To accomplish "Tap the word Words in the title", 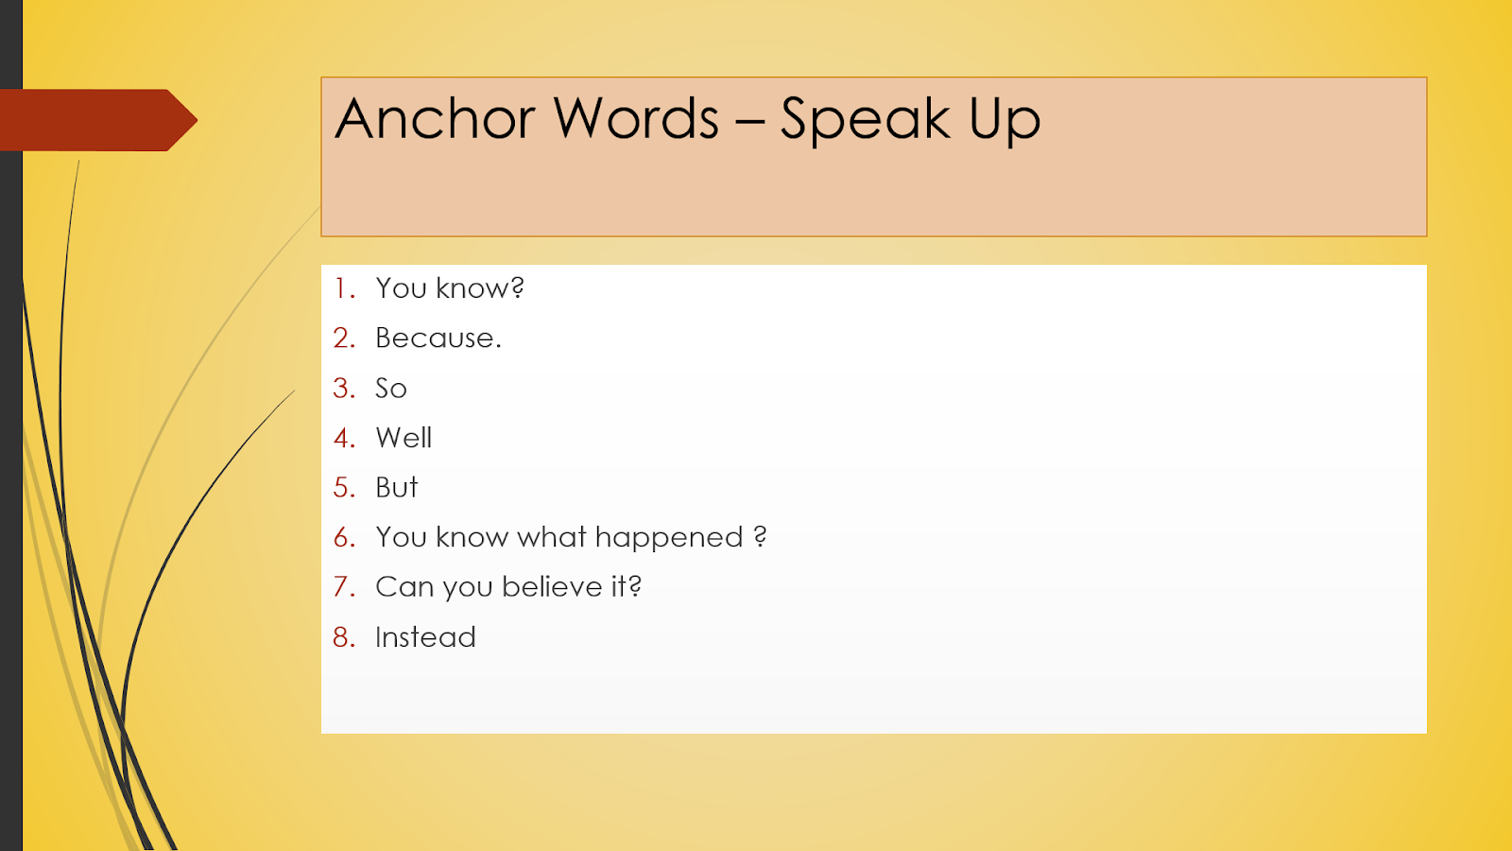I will (x=636, y=119).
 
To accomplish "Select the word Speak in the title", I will (x=865, y=121).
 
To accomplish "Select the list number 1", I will (x=343, y=288).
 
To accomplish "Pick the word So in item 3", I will (x=391, y=388).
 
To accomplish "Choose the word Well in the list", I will (x=404, y=438).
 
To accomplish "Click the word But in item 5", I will (x=397, y=487).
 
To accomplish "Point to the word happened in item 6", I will (x=669, y=538).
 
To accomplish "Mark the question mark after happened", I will (x=760, y=537).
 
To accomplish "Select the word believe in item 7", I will (x=552, y=587).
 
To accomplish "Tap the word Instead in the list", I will (x=425, y=637).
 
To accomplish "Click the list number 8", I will (x=343, y=637).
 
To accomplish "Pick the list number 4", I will (x=343, y=438).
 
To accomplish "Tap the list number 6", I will (x=343, y=537).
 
